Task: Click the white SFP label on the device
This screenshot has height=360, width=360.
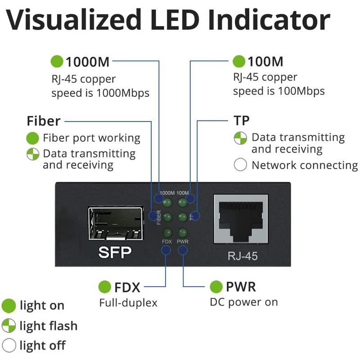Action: click(115, 253)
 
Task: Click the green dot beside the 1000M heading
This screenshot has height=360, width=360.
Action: click(57, 61)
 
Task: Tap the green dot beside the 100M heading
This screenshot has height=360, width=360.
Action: click(239, 61)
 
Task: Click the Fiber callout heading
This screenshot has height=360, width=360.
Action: click(44, 121)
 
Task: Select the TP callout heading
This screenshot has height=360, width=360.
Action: click(241, 121)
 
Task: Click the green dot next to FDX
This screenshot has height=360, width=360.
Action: click(105, 287)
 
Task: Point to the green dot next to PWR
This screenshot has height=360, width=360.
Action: click(216, 287)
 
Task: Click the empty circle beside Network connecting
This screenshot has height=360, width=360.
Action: click(241, 165)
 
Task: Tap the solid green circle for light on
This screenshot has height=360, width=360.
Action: click(9, 306)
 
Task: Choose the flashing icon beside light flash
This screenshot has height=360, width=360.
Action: click(9, 326)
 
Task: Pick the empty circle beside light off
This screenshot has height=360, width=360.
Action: click(9, 346)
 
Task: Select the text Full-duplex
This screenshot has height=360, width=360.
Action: click(128, 303)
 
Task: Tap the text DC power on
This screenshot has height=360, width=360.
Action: click(244, 302)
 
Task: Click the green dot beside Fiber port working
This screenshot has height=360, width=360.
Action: click(32, 138)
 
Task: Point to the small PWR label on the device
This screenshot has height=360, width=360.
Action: click(182, 242)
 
